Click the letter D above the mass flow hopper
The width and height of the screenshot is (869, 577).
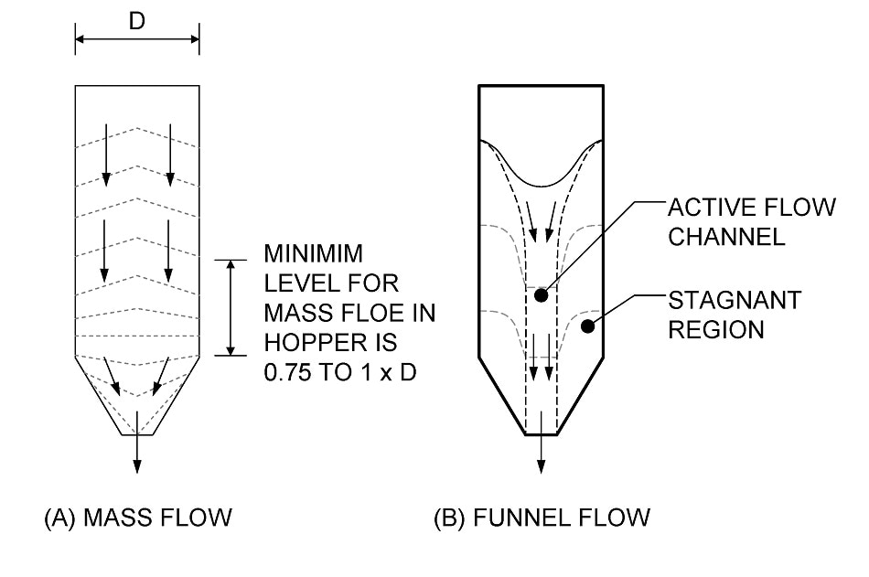click(136, 21)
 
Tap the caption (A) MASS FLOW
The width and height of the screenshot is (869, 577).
click(137, 518)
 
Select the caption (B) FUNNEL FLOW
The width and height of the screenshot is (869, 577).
click(542, 518)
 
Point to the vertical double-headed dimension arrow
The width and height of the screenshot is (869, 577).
click(231, 307)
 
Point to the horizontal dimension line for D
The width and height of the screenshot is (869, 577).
click(137, 39)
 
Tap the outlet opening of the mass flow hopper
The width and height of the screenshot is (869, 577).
click(137, 434)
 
